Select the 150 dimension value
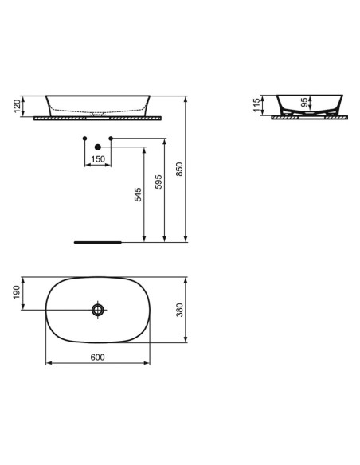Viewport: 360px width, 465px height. click(98, 159)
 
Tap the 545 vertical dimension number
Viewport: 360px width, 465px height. click(137, 196)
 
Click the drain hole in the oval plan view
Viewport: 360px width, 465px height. click(98, 309)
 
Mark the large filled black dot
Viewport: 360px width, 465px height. click(98, 147)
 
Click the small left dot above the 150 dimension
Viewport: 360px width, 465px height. click(84, 139)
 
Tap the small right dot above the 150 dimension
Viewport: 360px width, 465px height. click(111, 139)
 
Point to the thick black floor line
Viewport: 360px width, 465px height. click(96, 239)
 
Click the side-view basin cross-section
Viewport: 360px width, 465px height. click(311, 105)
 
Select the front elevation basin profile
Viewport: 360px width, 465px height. click(98, 106)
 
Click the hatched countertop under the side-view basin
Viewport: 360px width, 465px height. click(311, 118)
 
